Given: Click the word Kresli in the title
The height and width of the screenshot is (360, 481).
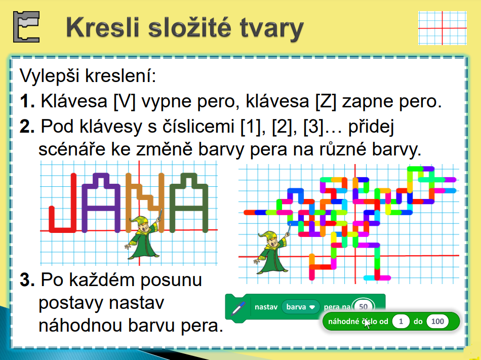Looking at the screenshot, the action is (103, 28).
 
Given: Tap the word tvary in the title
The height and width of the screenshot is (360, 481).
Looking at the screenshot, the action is (272, 29).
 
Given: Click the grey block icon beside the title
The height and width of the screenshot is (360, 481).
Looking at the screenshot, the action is (26, 27).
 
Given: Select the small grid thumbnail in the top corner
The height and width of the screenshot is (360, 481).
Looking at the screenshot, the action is (443, 28).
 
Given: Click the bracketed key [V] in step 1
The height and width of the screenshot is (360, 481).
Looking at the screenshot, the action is (124, 101).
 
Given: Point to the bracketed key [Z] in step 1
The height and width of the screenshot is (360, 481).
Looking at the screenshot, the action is (326, 101).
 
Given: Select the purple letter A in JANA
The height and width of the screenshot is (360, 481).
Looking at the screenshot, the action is (101, 203).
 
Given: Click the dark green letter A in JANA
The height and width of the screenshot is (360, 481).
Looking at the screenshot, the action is (189, 203).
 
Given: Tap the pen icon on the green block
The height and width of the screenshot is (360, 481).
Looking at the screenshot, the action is (238, 308).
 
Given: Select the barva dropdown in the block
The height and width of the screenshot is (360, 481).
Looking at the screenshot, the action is (301, 307).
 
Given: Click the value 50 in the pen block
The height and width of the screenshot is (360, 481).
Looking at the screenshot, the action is (363, 307).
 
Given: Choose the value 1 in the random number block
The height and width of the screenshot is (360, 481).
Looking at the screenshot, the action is (400, 322).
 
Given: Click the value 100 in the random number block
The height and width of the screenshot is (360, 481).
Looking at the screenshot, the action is (437, 322).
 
